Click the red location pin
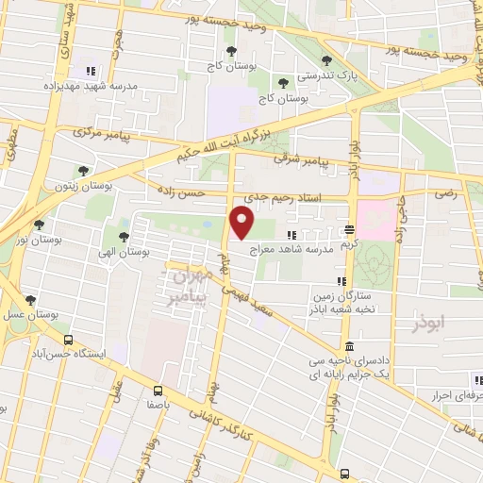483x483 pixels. (x=243, y=223)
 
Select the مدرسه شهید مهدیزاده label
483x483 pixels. (x=92, y=85)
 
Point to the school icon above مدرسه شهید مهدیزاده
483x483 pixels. (x=92, y=71)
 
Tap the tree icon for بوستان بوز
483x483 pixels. (x=39, y=225)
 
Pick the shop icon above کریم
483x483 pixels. (x=349, y=228)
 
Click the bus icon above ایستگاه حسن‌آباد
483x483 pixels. (x=67, y=340)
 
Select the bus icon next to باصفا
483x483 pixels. (x=158, y=389)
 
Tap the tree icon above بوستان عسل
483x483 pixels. (x=31, y=300)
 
